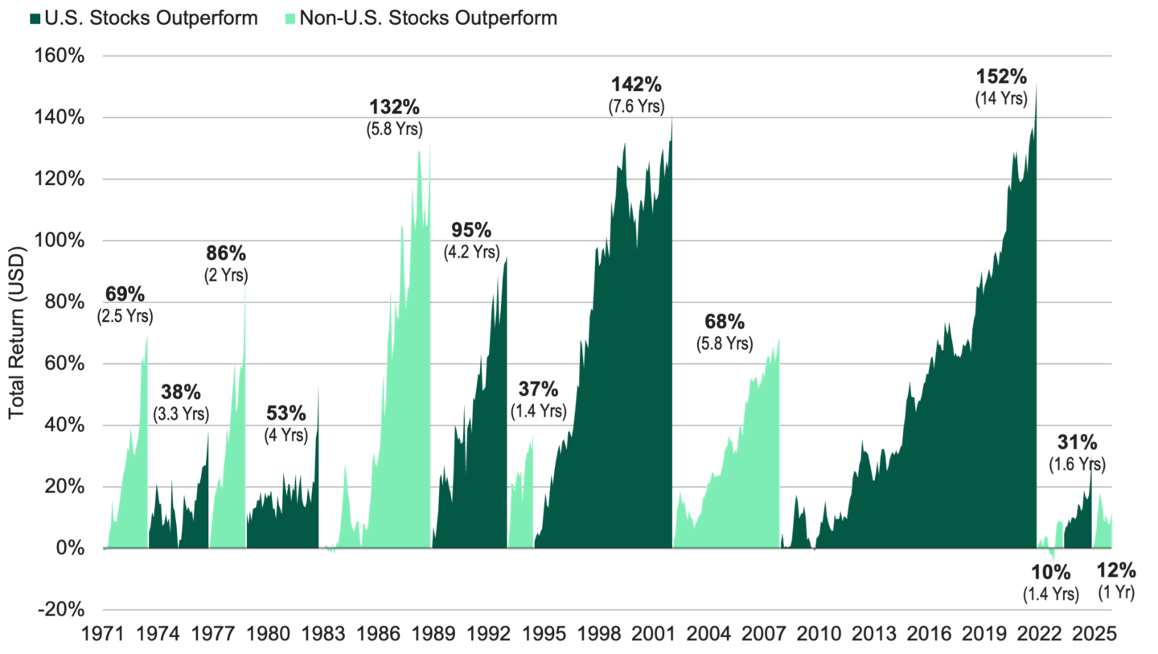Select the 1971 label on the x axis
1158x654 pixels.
[104, 634]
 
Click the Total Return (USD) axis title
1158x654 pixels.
[18, 332]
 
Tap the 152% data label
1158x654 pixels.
[1001, 77]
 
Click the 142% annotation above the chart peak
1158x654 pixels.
[637, 84]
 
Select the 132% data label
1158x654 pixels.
[395, 107]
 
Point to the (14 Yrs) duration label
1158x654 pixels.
[1002, 99]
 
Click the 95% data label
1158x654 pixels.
[471, 231]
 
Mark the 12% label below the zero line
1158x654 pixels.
[1116, 571]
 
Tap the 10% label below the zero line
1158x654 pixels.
[1051, 572]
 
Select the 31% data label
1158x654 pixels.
[1077, 442]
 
